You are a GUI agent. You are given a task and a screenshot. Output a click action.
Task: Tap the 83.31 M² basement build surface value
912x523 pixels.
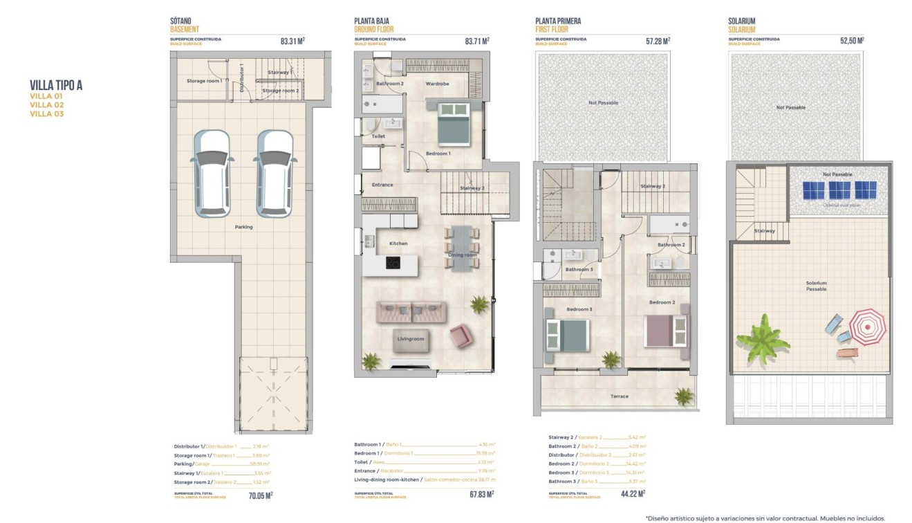tap(292, 41)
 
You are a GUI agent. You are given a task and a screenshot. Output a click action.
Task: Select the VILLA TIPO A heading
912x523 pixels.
tap(57, 86)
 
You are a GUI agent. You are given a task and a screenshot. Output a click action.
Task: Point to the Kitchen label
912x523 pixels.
tap(398, 244)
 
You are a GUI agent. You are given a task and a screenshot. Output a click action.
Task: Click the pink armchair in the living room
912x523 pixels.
tap(461, 337)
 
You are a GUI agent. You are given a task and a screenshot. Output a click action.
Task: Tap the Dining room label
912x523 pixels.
tap(463, 255)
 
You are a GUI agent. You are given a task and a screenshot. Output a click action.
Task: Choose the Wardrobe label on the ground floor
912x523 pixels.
tap(437, 84)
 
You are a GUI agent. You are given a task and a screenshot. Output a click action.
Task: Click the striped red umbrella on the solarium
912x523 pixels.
tap(867, 327)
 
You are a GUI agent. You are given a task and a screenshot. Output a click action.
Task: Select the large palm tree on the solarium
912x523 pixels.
tap(763, 338)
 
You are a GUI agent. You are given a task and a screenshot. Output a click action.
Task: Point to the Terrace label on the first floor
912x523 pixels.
tap(620, 396)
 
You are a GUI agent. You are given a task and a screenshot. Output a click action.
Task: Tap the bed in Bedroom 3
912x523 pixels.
tap(567, 336)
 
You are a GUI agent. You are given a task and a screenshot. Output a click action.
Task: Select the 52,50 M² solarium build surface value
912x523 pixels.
tap(852, 41)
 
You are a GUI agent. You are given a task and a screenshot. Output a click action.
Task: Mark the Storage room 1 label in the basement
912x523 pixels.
tap(204, 81)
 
